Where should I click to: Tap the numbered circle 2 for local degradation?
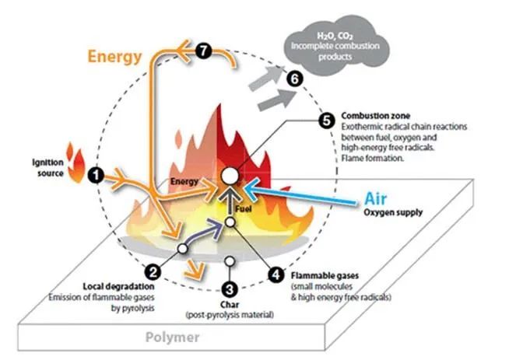click(x=153, y=271)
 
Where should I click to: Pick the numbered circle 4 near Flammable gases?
click(x=276, y=274)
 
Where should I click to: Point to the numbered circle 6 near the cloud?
click(x=294, y=79)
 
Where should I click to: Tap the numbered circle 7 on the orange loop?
click(x=205, y=51)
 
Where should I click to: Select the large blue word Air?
click(x=377, y=198)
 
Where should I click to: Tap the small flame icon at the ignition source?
click(x=76, y=163)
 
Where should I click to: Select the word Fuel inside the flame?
click(x=245, y=208)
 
